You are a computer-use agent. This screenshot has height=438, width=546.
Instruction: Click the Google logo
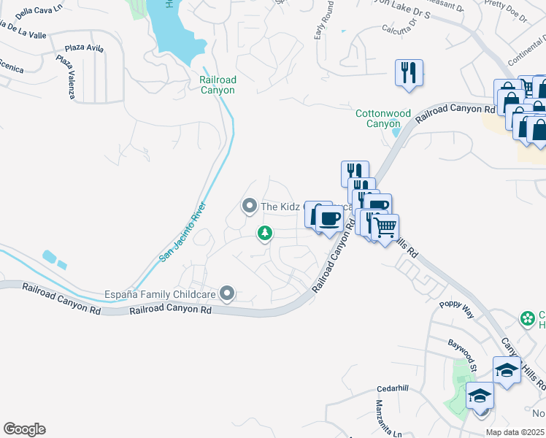(x=24, y=429)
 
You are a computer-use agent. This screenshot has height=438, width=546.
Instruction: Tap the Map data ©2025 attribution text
(x=515, y=432)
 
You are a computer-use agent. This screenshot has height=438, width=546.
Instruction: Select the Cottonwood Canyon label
(x=378, y=118)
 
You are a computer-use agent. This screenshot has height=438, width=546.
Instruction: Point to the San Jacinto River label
(x=183, y=231)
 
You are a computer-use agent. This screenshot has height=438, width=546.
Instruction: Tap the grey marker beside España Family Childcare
(x=228, y=294)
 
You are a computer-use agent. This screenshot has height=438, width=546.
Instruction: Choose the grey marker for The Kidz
(x=249, y=207)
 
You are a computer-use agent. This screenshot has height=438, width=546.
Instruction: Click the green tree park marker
(x=265, y=234)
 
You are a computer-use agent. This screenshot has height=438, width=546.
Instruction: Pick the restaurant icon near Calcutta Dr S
(x=409, y=73)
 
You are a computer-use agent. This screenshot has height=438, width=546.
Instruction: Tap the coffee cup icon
(x=329, y=218)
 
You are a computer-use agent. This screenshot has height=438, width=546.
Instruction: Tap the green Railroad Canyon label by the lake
(x=218, y=85)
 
